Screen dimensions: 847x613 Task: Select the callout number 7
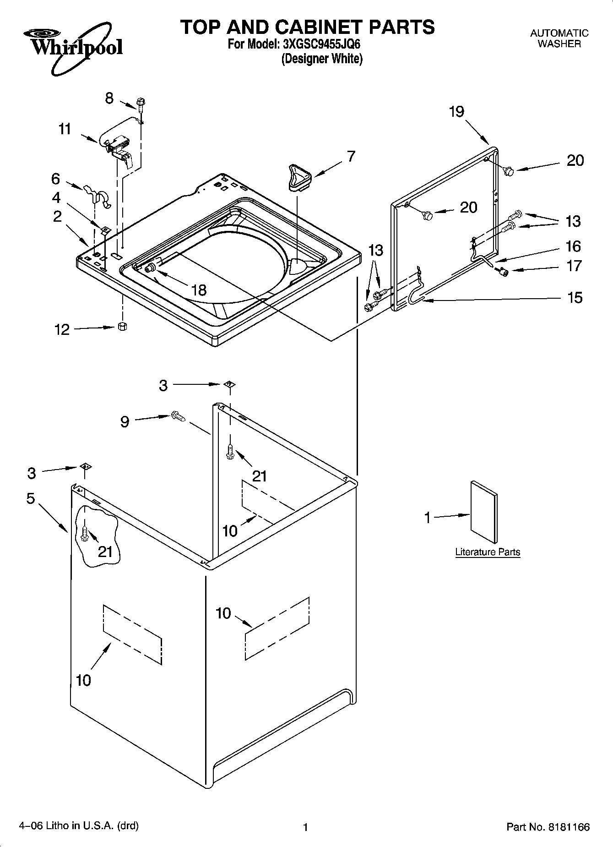click(x=351, y=157)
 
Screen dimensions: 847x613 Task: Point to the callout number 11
click(x=65, y=129)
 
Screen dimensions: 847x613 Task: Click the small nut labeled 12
click(x=122, y=326)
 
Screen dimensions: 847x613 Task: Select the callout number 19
click(x=456, y=111)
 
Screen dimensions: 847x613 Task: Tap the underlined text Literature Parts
click(x=488, y=552)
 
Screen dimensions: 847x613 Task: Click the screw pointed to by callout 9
click(x=177, y=416)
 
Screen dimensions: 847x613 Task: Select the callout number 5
click(x=31, y=498)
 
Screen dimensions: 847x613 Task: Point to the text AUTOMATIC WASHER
click(x=559, y=38)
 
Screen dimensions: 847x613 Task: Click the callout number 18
click(x=199, y=290)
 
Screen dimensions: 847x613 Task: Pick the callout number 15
click(x=575, y=298)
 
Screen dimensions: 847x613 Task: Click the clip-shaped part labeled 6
click(x=97, y=196)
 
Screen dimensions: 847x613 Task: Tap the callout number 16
click(x=573, y=246)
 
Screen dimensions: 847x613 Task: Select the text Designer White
click(x=322, y=59)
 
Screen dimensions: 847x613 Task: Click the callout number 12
click(x=61, y=329)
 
